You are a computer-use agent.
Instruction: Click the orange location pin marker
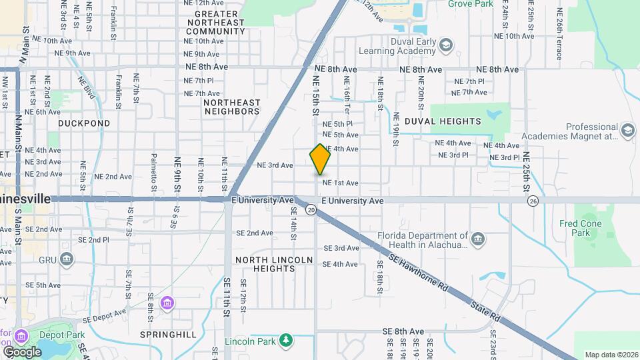(320, 159)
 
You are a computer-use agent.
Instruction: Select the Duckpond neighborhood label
(83, 123)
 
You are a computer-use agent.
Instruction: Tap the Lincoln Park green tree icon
(286, 341)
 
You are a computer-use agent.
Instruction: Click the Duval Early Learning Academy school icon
(446, 45)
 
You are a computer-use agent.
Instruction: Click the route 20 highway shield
(311, 209)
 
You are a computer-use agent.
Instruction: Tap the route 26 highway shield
(532, 201)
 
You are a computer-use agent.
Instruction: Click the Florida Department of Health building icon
(477, 239)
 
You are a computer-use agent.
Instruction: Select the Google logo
(22, 351)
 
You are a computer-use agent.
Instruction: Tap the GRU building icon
(66, 259)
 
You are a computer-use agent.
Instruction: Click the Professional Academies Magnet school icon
(627, 131)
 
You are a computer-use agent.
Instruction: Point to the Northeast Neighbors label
(231, 107)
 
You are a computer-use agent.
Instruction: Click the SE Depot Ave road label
(105, 317)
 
